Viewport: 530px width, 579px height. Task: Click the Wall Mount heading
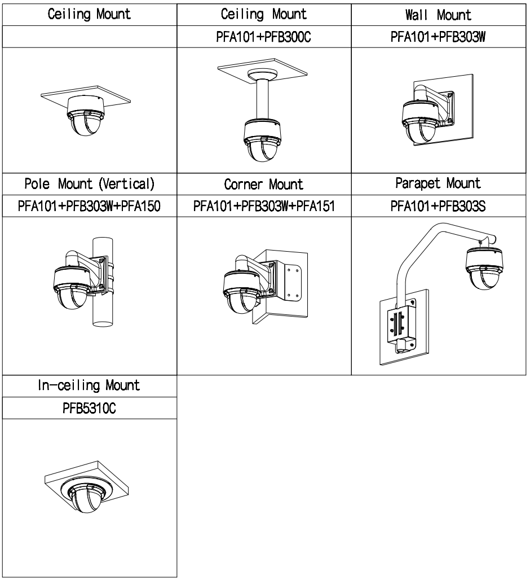(438, 15)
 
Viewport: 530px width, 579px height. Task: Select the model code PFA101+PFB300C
(263, 37)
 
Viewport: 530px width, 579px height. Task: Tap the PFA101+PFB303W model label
(438, 37)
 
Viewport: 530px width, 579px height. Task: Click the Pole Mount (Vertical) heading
(89, 184)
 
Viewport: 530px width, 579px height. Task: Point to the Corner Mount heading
(264, 185)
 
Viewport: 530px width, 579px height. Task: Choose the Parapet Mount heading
(438, 183)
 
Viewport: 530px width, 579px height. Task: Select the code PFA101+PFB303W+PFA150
(89, 206)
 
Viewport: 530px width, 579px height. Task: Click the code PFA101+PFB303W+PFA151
(264, 206)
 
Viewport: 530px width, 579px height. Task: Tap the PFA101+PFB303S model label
(438, 206)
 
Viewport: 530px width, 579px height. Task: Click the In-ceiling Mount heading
(89, 385)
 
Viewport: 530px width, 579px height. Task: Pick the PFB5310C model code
(89, 409)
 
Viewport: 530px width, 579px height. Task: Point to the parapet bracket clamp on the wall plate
(402, 325)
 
